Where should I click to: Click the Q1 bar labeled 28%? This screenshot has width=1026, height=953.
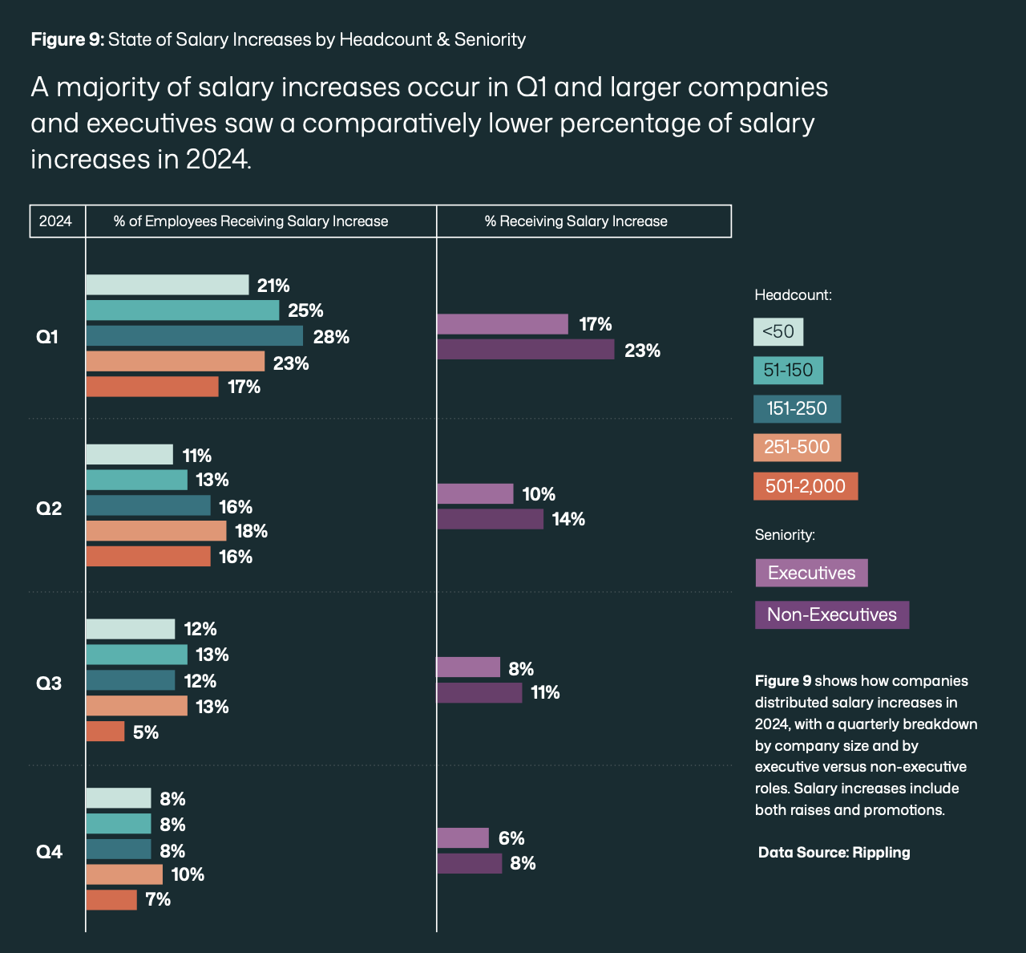(194, 336)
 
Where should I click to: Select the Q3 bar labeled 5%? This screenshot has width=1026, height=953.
(105, 732)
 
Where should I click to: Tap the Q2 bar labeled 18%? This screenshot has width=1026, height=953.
(156, 531)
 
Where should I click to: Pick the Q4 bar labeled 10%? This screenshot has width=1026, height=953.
(124, 874)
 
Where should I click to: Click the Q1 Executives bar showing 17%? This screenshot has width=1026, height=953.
(502, 324)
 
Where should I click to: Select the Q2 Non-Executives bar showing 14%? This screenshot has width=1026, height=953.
(490, 519)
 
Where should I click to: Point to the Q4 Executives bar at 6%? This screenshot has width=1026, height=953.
(463, 838)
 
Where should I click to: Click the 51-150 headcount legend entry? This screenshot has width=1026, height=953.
(788, 370)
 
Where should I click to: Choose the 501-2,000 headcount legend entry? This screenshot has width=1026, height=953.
(805, 486)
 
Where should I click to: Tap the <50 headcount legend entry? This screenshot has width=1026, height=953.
(778, 331)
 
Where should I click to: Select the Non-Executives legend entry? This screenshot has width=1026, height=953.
(831, 615)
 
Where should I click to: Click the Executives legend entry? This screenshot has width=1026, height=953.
(811, 573)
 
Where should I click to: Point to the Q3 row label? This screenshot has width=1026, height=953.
(49, 683)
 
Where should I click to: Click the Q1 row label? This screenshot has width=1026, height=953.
(48, 337)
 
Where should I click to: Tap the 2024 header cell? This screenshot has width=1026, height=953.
(56, 221)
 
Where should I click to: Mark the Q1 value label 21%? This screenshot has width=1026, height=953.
(273, 286)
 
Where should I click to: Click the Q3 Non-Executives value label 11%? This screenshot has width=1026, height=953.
(545, 692)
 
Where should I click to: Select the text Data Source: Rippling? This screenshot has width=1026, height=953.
(834, 852)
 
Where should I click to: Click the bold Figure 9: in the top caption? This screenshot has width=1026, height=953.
(67, 39)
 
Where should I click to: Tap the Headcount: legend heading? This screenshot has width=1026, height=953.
(793, 295)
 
